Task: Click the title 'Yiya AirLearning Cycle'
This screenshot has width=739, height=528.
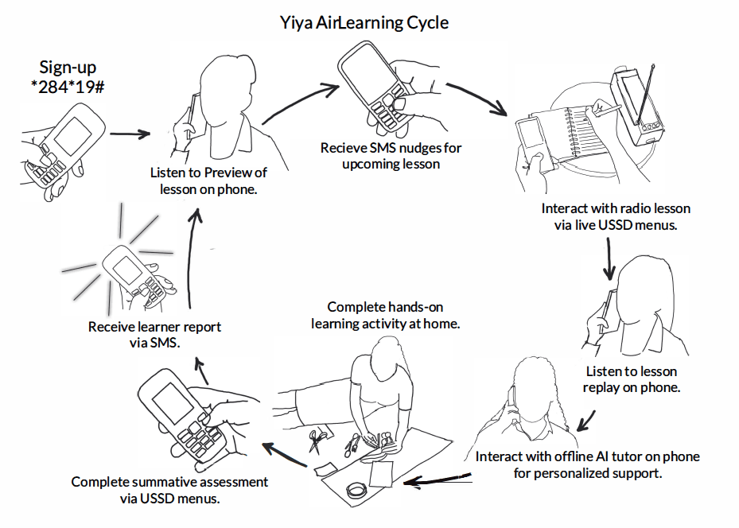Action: [x=365, y=22]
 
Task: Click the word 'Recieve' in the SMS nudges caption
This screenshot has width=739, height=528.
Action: [x=344, y=148]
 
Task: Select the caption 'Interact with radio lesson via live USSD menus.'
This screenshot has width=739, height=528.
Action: [x=616, y=216]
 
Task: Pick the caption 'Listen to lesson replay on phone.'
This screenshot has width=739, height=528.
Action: [x=631, y=379]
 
